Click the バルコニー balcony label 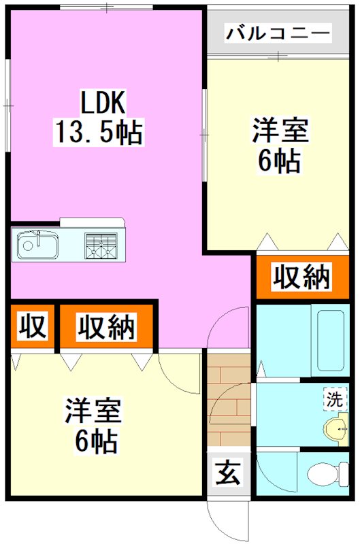tap(279, 32)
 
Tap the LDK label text tap(101, 104)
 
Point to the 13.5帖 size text tap(97, 131)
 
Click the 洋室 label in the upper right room tap(281, 131)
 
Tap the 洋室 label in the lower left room tap(93, 412)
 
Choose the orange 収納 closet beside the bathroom tap(301, 277)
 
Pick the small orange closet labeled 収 tap(31, 327)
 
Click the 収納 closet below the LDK tap(105, 327)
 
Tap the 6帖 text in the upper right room tap(279, 160)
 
